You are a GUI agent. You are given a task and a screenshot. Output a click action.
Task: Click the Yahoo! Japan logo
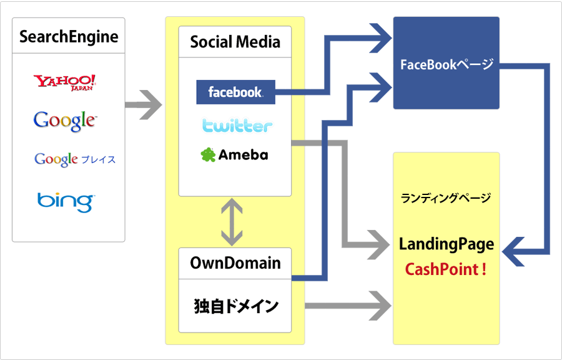pyautogui.click(x=65, y=82)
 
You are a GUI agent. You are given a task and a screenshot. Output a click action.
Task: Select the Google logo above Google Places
pyautogui.click(x=65, y=119)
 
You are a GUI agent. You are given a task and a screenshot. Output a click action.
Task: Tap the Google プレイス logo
pyautogui.click(x=75, y=159)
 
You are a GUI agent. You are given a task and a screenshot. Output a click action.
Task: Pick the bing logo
pyautogui.click(x=65, y=201)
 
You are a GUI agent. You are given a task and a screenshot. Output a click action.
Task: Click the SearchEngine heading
pyautogui.click(x=69, y=36)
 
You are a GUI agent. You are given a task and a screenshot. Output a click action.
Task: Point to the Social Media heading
pyautogui.click(x=235, y=42)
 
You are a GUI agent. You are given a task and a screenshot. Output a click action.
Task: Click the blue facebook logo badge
pyautogui.click(x=235, y=92)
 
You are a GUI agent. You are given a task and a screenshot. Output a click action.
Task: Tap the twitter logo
pyautogui.click(x=237, y=126)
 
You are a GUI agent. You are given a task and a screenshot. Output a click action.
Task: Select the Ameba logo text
pyautogui.click(x=243, y=155)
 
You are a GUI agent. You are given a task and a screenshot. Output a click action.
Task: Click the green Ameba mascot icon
pyautogui.click(x=208, y=155)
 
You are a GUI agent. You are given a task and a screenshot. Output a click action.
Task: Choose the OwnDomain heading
pyautogui.click(x=235, y=263)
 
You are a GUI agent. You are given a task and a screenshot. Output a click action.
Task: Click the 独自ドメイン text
pyautogui.click(x=235, y=307)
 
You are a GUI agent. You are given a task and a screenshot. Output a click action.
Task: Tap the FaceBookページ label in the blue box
pyautogui.click(x=446, y=64)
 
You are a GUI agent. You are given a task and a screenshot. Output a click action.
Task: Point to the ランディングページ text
pyautogui.click(x=446, y=198)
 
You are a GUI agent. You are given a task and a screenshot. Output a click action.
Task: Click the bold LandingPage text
pyautogui.click(x=446, y=244)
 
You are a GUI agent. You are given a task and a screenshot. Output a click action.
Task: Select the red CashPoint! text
pyautogui.click(x=446, y=269)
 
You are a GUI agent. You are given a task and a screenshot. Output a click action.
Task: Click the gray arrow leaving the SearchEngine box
pyautogui.click(x=143, y=104)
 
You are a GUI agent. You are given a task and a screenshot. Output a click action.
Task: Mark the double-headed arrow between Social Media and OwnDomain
pyautogui.click(x=232, y=222)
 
